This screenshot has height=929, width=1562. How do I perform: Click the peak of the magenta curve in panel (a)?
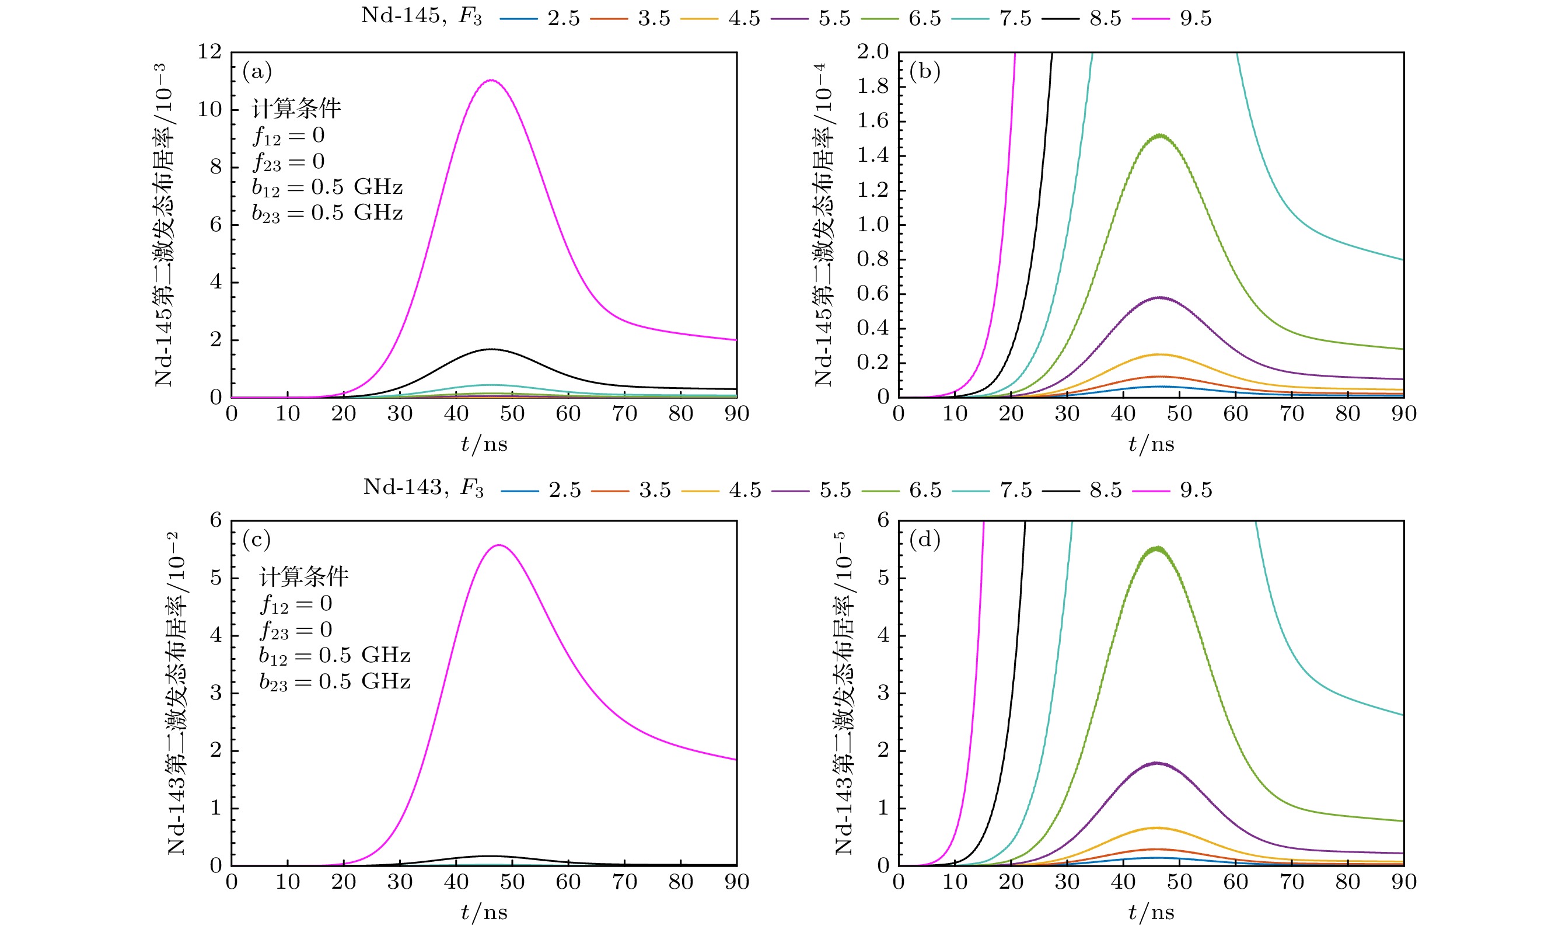[491, 80]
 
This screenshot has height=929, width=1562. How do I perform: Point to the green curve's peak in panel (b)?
[1161, 135]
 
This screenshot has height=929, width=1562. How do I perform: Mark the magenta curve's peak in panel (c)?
[500, 545]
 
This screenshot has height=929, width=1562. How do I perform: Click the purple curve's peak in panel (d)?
[1156, 763]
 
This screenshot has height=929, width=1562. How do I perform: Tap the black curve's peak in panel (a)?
[492, 349]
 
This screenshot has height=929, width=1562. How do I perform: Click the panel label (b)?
[925, 71]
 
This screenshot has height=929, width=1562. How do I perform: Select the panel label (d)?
[925, 540]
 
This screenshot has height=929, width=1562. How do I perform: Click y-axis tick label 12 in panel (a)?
[210, 52]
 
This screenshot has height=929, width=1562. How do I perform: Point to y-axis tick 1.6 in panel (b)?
[873, 121]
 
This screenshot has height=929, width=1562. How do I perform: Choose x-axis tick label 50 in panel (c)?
[512, 882]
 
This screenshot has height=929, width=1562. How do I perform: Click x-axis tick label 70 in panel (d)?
[1291, 882]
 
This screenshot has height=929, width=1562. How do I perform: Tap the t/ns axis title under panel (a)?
[484, 444]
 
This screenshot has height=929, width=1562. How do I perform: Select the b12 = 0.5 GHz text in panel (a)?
[327, 187]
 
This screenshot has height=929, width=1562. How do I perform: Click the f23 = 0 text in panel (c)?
[296, 630]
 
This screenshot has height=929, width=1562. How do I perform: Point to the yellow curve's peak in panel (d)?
[1156, 828]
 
